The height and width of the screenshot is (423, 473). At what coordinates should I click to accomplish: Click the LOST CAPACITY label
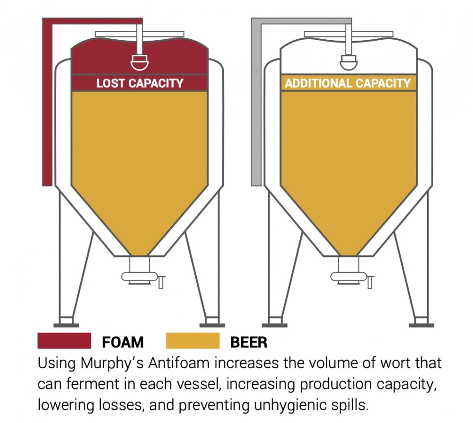pyautogui.click(x=140, y=83)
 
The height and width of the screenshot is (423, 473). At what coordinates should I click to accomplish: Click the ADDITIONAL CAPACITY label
pyautogui.click(x=348, y=84)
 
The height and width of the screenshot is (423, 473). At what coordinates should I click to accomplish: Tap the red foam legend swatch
pyautogui.click(x=64, y=341)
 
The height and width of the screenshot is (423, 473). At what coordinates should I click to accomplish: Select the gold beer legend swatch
pyautogui.click(x=193, y=341)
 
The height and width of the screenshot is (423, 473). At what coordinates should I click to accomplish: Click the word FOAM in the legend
pyautogui.click(x=123, y=342)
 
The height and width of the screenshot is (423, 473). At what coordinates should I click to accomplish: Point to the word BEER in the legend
pyautogui.click(x=248, y=342)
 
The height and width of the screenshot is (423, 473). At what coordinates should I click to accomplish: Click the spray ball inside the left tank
pyautogui.click(x=140, y=61)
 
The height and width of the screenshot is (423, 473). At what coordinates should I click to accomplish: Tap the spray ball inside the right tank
pyautogui.click(x=349, y=61)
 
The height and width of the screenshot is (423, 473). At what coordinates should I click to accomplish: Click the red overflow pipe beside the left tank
pyautogui.click(x=47, y=104)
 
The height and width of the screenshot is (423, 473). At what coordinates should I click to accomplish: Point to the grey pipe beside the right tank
pyautogui.click(x=256, y=104)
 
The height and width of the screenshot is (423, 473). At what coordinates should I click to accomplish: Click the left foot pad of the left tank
pyautogui.click(x=66, y=325)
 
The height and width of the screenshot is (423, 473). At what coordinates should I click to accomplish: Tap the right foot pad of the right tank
pyautogui.click(x=421, y=325)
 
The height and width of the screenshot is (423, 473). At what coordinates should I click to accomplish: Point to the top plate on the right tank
pyautogui.click(x=349, y=34)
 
